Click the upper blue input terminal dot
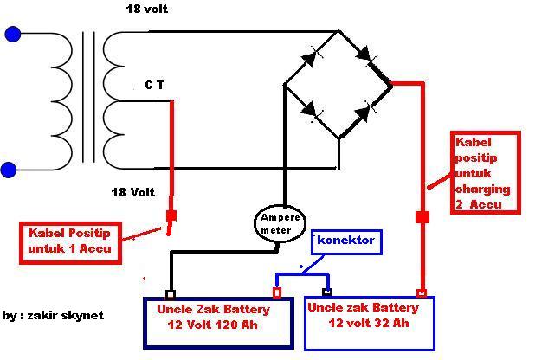[x=13, y=35]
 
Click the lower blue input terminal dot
[x=9, y=170]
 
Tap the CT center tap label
[x=154, y=85]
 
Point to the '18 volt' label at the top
[x=147, y=9]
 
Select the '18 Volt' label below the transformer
[x=133, y=192]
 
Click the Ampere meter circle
[x=280, y=223]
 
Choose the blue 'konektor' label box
[x=346, y=241]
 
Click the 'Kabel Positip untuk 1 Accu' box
[x=70, y=242]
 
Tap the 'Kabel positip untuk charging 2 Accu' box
[x=485, y=173]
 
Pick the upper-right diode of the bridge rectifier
[x=366, y=55]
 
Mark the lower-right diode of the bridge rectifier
[x=364, y=112]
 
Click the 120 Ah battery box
[x=218, y=323]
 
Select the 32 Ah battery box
[x=370, y=323]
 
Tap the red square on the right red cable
[x=422, y=217]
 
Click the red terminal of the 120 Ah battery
[x=277, y=292]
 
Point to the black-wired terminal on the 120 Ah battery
[x=171, y=294]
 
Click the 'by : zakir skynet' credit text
[x=53, y=315]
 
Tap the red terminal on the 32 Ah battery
[x=422, y=292]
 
